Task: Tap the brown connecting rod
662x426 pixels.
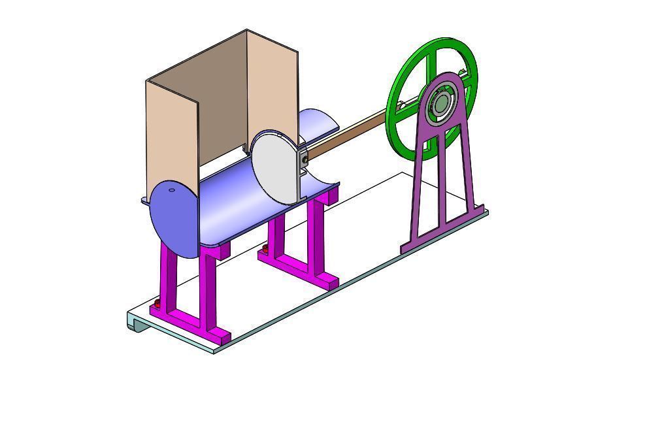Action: click(346, 135)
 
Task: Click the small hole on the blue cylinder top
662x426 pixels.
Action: click(172, 191)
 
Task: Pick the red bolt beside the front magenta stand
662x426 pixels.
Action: click(157, 304)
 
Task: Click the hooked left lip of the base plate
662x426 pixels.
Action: click(135, 322)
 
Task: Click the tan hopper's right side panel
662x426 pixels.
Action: click(273, 85)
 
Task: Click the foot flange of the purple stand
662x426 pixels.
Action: click(444, 229)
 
